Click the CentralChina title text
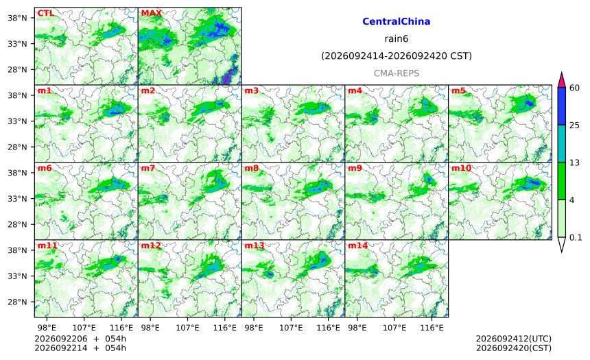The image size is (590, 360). pos(397,21)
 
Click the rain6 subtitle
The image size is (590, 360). pos(397,39)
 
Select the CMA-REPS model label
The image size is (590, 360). pos(397,73)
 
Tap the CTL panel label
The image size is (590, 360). pos(45,13)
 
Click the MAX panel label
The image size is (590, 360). pos(151,13)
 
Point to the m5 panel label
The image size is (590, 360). pos(458,91)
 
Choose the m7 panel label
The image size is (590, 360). pos(148,168)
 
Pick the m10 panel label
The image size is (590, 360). pos(461,168)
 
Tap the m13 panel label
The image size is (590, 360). pos(255,245)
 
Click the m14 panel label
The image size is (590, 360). pos(358,245)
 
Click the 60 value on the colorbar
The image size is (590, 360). pos(575,88)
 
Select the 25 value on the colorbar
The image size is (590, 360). pos(575,125)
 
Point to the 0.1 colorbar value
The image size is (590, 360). pos(576,237)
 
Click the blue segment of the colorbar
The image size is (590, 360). pos(561,106)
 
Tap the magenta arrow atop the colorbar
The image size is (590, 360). pos(561,80)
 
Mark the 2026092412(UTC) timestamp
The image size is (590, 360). pos(514,339)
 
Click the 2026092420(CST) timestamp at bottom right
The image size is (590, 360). pos(514,348)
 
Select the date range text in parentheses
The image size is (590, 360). pos(397,56)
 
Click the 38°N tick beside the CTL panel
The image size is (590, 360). pos(17,18)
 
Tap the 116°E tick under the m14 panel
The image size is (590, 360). pos(432,328)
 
